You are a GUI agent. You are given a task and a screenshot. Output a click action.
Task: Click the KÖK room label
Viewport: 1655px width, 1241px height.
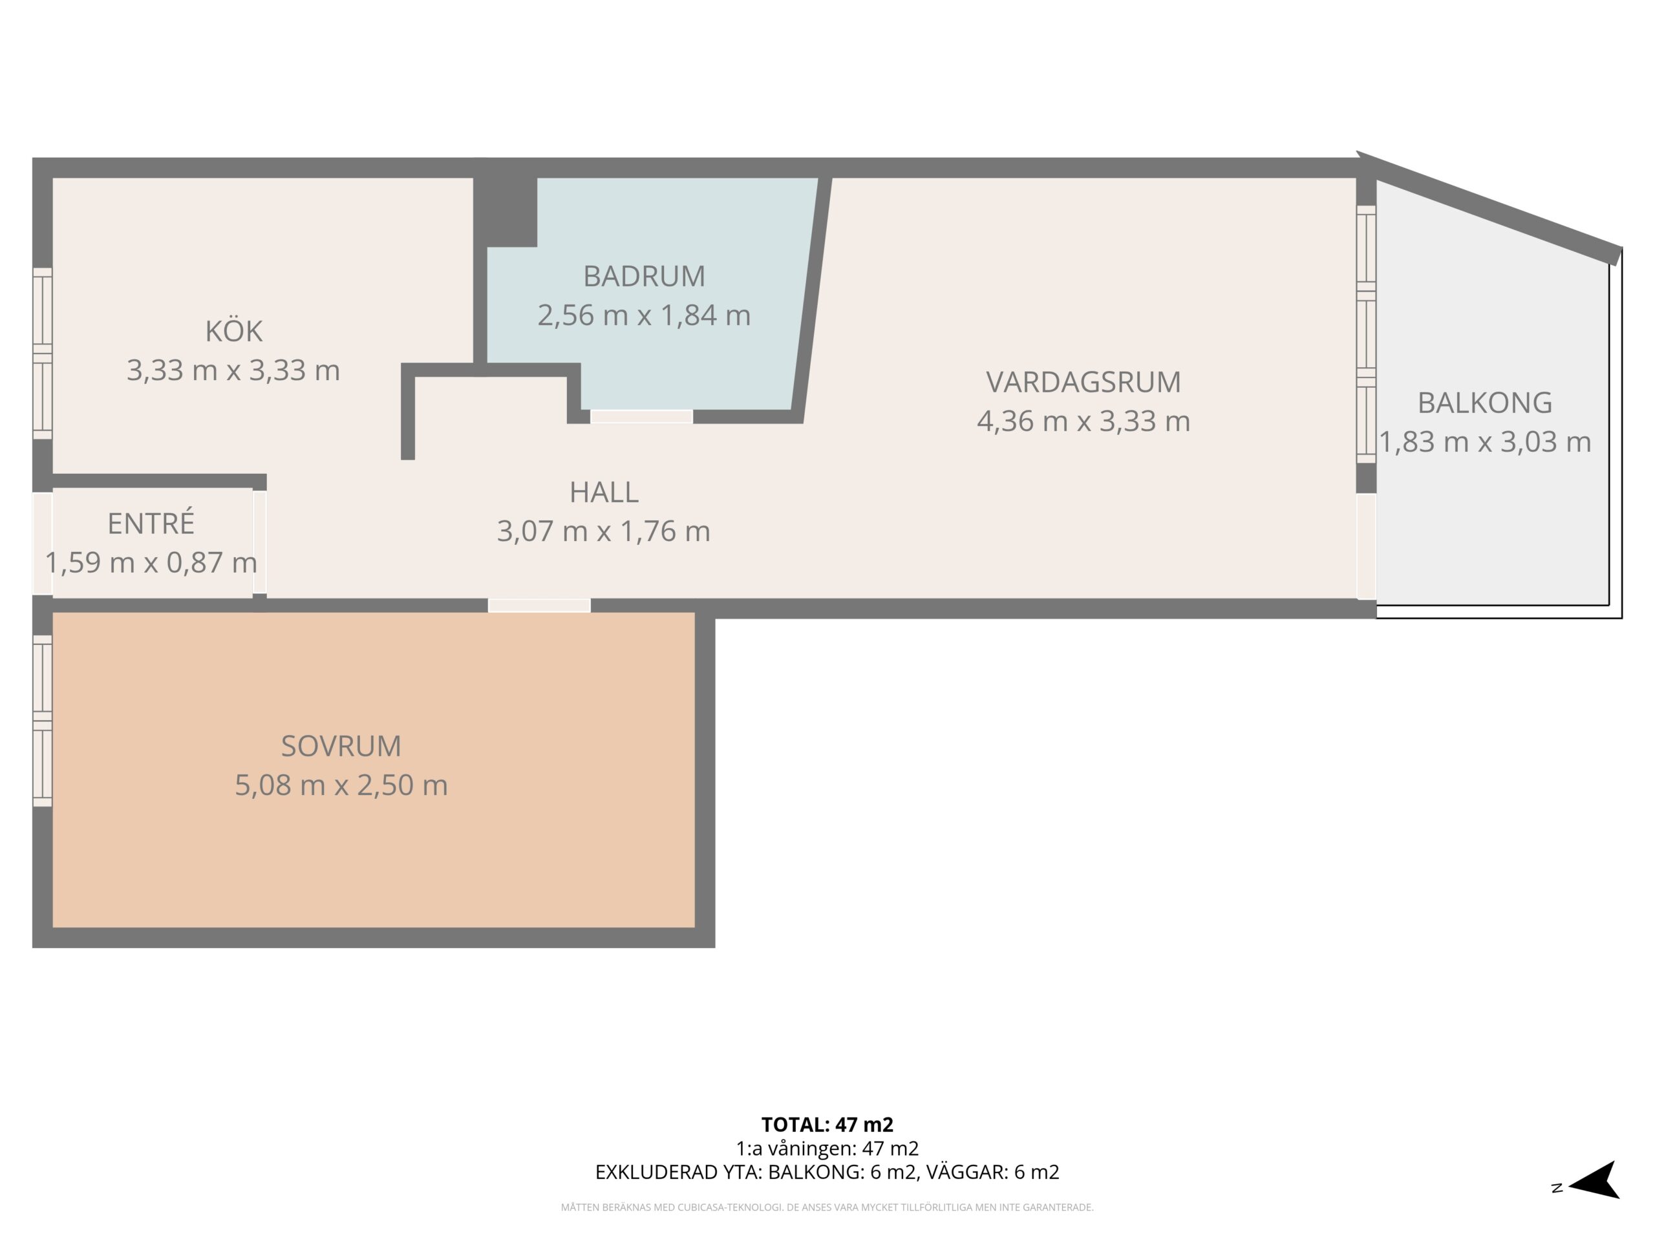(x=233, y=332)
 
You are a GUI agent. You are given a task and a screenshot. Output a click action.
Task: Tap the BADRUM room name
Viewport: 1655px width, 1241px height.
(x=644, y=277)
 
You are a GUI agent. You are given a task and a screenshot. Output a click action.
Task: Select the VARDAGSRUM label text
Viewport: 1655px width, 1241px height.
(x=1084, y=382)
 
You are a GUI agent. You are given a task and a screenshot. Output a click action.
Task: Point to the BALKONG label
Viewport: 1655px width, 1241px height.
(x=1485, y=403)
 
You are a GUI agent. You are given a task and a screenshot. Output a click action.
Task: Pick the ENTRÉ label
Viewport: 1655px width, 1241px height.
(x=151, y=522)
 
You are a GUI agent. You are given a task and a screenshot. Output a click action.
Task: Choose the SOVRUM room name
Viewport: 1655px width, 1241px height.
(x=341, y=746)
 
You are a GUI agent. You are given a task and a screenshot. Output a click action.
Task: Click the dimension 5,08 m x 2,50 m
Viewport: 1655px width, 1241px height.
(x=341, y=785)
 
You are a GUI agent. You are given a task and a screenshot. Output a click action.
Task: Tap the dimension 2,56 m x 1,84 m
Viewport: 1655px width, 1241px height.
(x=644, y=315)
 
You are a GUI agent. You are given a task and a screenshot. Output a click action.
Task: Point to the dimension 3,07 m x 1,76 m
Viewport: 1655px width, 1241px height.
(x=604, y=532)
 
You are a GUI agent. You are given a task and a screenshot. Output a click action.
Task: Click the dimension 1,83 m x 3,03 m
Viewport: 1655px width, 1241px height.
(x=1485, y=442)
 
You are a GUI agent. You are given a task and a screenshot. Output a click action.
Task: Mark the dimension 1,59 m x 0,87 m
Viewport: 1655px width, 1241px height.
(x=151, y=562)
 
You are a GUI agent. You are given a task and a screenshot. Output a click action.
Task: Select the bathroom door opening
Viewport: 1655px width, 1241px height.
(x=641, y=417)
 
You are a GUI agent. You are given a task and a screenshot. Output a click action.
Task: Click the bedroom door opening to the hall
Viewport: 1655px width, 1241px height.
(x=539, y=605)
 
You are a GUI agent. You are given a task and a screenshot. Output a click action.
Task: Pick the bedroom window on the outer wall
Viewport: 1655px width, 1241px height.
(x=43, y=721)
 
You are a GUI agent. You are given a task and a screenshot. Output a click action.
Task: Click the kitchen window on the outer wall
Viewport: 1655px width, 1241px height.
(x=43, y=353)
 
